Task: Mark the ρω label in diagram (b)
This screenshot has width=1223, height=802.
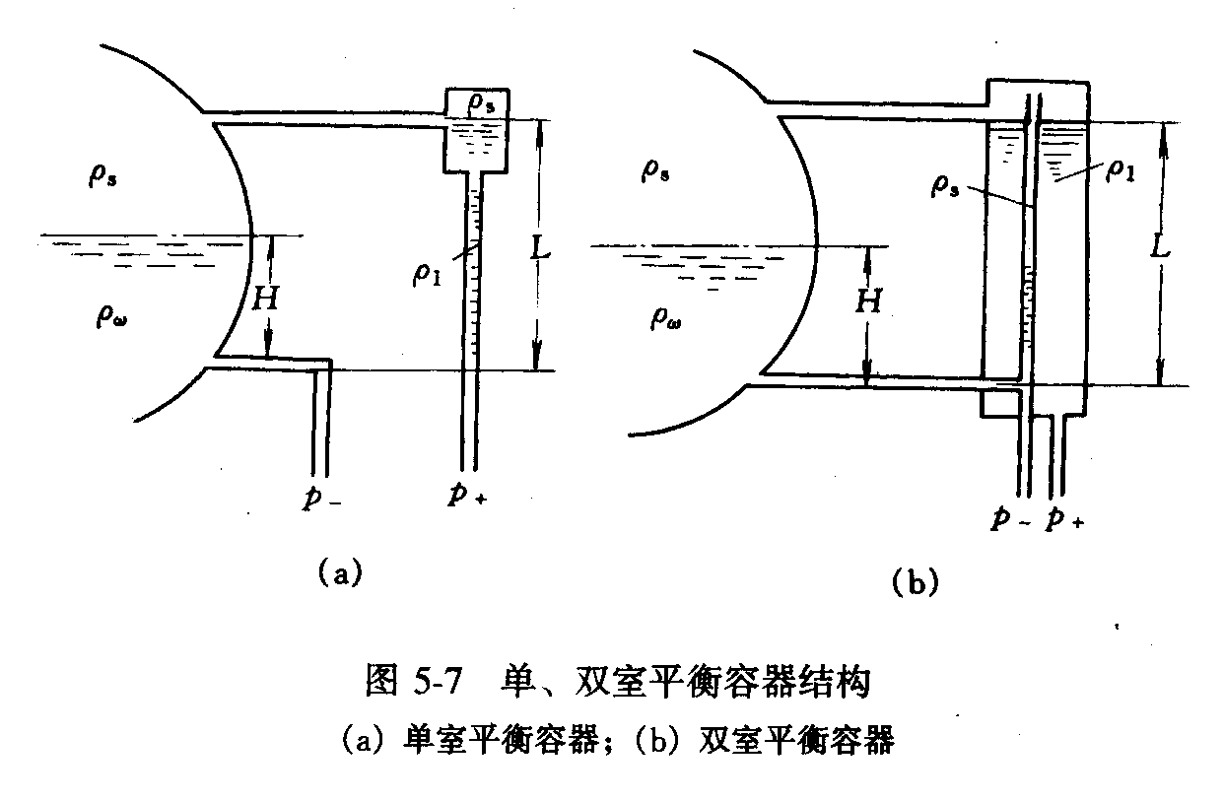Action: tap(666, 317)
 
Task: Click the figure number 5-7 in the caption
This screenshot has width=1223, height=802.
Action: tap(437, 682)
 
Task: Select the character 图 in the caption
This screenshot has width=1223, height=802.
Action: tap(383, 682)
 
